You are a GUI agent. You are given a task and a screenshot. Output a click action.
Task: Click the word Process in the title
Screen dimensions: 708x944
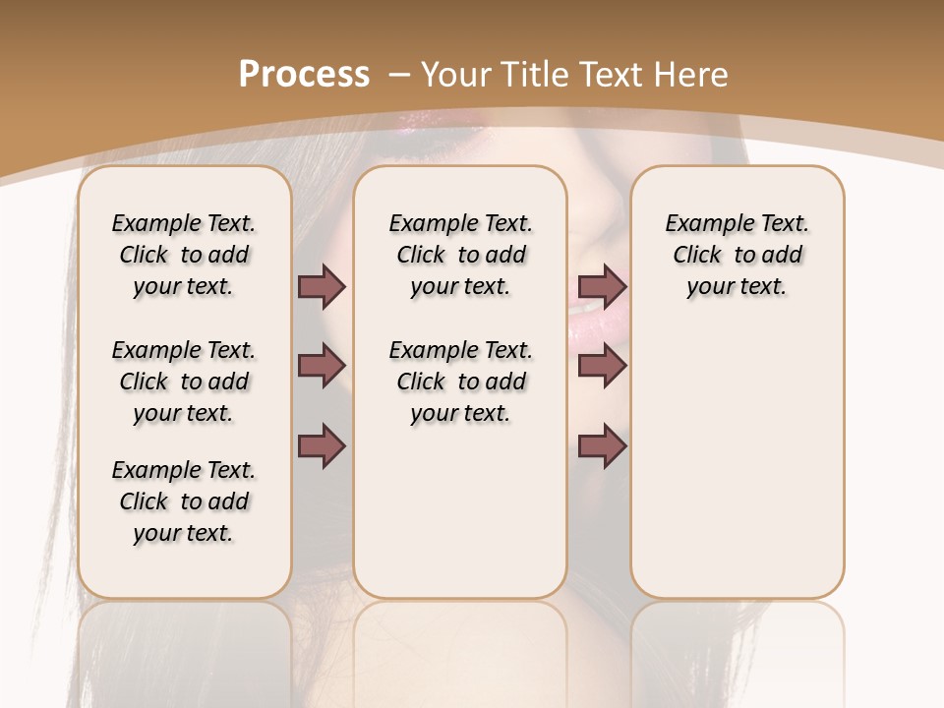304,75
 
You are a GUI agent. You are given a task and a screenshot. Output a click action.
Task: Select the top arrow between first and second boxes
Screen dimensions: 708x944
322,287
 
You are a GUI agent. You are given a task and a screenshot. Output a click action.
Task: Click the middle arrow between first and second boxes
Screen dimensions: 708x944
322,366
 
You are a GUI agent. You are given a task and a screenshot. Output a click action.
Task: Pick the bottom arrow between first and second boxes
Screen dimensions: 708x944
322,446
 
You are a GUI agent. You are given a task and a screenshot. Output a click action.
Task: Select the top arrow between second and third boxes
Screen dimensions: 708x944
602,287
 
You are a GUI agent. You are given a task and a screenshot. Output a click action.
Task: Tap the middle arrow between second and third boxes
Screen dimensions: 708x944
602,366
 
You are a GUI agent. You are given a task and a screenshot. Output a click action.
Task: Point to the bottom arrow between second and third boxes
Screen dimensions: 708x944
602,446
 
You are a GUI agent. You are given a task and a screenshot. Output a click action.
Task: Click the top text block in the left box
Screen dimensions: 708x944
184,255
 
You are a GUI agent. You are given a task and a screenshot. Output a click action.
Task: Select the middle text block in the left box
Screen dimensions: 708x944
184,382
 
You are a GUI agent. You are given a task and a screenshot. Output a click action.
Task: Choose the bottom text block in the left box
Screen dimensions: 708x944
184,501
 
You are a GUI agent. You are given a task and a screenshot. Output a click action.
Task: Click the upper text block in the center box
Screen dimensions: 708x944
460,255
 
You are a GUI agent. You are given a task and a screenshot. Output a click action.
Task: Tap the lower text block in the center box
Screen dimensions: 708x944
460,382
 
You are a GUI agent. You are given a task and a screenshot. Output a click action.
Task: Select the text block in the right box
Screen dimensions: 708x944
737,255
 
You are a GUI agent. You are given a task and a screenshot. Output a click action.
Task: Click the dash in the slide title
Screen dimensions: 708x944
399,75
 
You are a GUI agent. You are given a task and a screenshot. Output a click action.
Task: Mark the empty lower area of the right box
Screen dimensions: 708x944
737,462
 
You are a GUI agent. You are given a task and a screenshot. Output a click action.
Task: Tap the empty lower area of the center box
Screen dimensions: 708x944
460,511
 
